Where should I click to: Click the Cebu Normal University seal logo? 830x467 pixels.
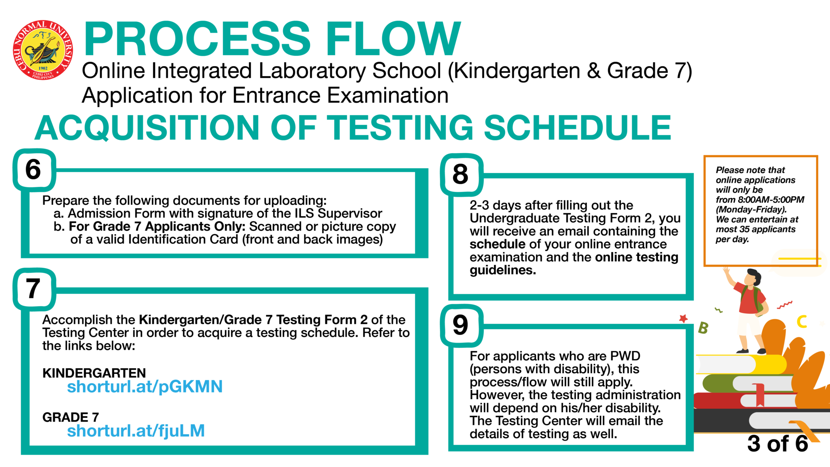tap(43, 49)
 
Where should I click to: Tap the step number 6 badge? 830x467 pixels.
tap(34, 169)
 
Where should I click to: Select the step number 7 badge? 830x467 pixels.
tap(34, 289)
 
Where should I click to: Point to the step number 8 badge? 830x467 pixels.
tap(461, 174)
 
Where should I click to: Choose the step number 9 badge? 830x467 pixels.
tap(461, 325)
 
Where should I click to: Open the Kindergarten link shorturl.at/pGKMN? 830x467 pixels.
tap(145, 387)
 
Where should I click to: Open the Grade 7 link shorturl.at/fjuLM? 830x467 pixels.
tap(136, 431)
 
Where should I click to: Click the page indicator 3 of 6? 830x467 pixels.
tap(777, 443)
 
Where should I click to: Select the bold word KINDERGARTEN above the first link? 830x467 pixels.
tap(94, 373)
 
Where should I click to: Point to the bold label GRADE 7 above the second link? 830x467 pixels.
tap(71, 417)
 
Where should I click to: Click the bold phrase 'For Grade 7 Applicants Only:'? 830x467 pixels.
tap(157, 226)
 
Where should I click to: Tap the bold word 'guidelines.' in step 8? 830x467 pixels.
tap(503, 270)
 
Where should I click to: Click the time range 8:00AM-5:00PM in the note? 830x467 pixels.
tap(771, 199)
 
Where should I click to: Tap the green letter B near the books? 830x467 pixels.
tap(703, 328)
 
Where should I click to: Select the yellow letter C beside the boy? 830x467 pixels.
tap(802, 321)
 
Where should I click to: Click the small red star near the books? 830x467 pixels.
tap(684, 319)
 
